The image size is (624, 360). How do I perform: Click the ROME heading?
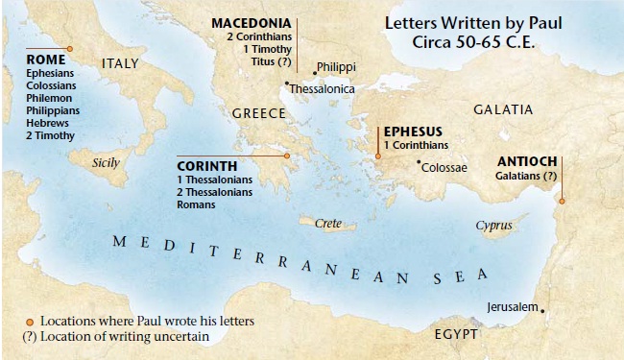(x=46, y=58)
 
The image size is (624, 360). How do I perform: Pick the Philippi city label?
(x=335, y=67)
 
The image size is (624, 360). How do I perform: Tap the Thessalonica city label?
(x=323, y=88)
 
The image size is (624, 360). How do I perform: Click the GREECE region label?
(x=259, y=113)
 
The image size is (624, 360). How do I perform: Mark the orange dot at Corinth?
(x=286, y=156)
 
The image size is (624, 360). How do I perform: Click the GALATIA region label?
(x=503, y=109)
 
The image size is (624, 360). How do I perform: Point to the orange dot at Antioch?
(x=563, y=201)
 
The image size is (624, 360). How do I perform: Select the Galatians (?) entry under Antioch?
(x=526, y=177)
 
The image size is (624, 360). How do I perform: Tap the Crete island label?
(x=328, y=223)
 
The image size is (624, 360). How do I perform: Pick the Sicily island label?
(x=106, y=162)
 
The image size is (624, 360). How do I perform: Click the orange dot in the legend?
(x=30, y=320)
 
